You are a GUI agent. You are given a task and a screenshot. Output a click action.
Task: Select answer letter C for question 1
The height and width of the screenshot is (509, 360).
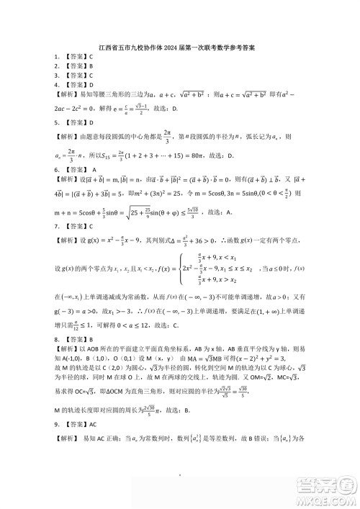pyautogui.click(x=91, y=56)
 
